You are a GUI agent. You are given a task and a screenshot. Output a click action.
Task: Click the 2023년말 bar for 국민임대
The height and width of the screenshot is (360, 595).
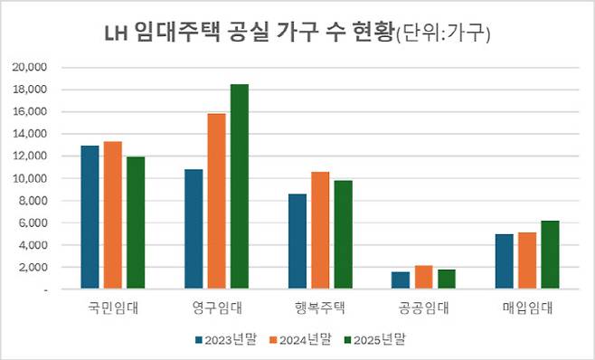coord(90,217)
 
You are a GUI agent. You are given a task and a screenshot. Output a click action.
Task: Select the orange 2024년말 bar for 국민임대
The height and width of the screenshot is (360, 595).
coord(112,215)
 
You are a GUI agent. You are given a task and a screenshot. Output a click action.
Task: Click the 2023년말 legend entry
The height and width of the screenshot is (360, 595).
coord(225,339)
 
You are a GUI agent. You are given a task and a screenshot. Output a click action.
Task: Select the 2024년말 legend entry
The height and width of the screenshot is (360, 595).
coord(302,339)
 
